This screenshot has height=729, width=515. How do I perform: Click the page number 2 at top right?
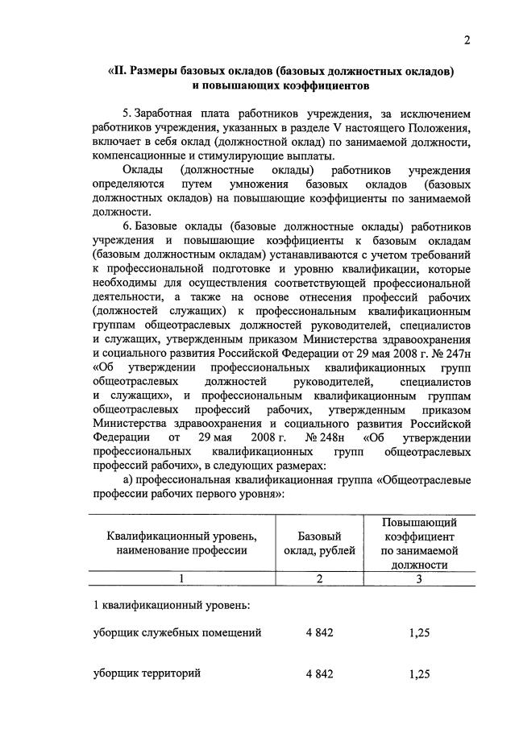467,42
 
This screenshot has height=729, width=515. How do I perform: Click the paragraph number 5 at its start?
126,114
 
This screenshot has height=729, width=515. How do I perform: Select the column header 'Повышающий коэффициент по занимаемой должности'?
420,544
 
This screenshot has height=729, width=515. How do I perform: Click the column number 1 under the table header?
181,578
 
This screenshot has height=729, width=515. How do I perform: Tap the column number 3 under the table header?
419,578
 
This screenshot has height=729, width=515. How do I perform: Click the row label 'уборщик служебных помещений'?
177,633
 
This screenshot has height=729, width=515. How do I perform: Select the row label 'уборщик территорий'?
147,673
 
